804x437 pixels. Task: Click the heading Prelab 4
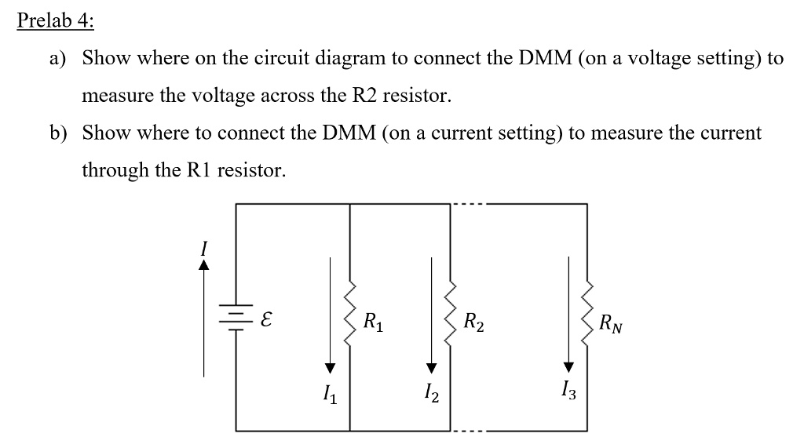[55, 21]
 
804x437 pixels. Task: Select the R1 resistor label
[375, 320]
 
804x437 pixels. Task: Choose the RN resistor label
[609, 322]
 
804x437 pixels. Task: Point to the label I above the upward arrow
[205, 248]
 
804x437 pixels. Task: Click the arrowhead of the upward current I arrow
[205, 265]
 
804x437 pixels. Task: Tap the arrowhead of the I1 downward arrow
[331, 368]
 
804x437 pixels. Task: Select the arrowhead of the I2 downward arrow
[430, 368]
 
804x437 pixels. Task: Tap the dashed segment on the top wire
[470, 204]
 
